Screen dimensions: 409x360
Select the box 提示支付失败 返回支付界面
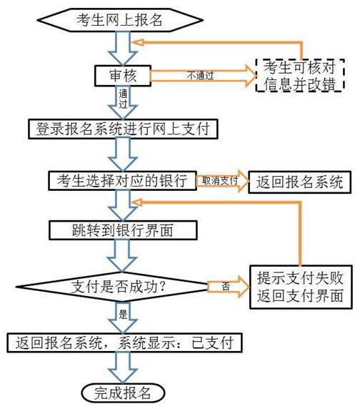[x=300, y=286]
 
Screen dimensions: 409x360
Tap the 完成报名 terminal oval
[x=123, y=392]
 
